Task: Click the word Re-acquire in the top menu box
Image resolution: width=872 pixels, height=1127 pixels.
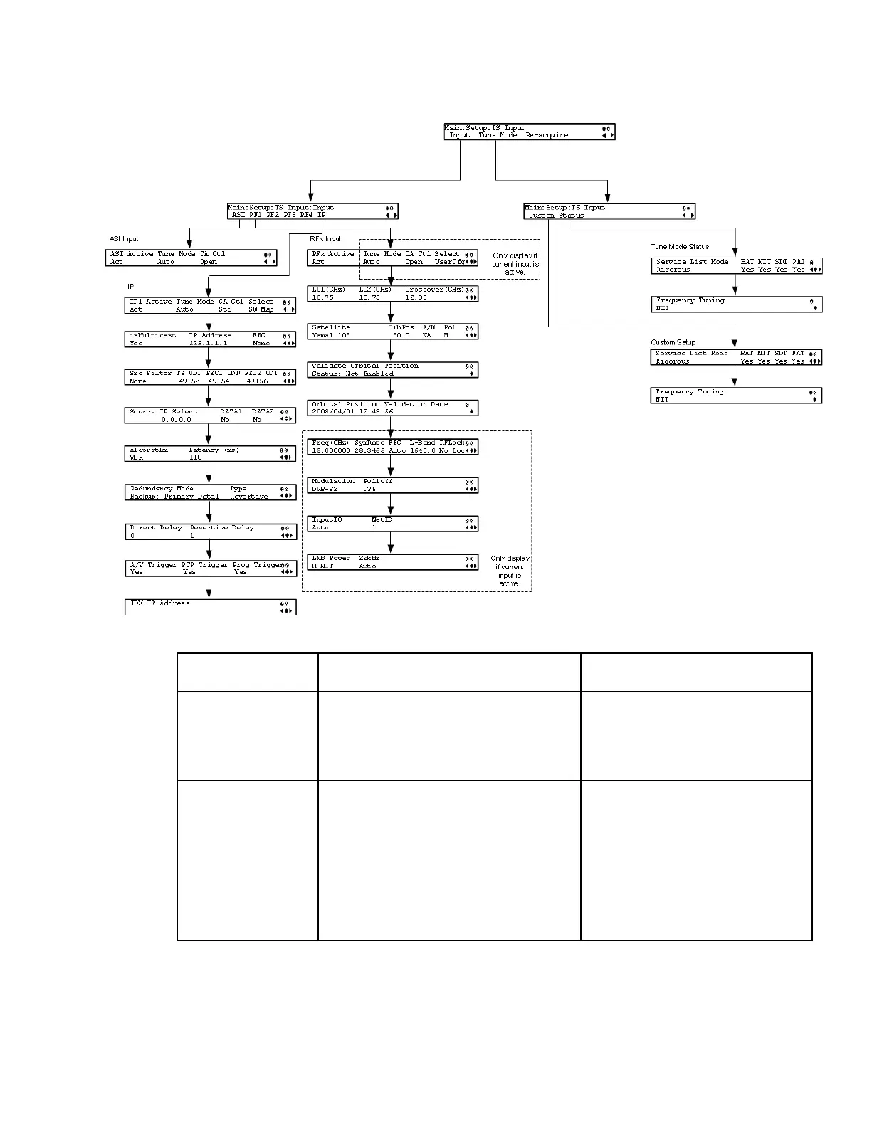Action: [547, 135]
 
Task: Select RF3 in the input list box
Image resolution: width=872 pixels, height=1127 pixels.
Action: [289, 215]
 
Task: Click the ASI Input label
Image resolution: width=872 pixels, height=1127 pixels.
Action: [124, 239]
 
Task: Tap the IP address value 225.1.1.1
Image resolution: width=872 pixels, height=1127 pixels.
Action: [208, 343]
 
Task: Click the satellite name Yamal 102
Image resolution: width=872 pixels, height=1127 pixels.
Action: [331, 335]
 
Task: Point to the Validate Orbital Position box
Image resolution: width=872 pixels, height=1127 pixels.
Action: [394, 370]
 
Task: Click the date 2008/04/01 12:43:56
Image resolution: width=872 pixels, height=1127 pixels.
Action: [352, 412]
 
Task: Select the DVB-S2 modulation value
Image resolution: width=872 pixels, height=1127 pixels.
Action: [325, 490]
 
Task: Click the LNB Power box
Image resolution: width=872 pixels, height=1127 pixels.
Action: [394, 562]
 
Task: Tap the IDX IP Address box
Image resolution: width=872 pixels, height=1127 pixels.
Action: [210, 607]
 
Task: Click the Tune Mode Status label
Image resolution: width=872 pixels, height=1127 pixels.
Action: [680, 247]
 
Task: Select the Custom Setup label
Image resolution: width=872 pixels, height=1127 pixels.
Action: [673, 342]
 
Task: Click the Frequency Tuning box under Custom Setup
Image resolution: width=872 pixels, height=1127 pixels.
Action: [736, 396]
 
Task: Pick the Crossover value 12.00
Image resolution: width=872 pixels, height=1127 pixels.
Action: [416, 297]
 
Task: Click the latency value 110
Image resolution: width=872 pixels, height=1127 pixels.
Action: [196, 458]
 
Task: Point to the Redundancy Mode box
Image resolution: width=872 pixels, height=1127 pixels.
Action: [210, 492]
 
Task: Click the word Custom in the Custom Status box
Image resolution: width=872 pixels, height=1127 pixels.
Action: [542, 216]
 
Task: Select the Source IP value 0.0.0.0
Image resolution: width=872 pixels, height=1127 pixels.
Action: [176, 420]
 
